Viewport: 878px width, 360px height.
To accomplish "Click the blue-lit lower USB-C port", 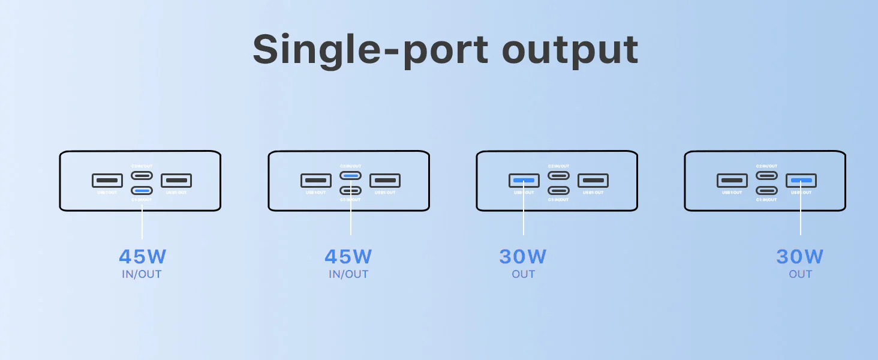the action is [142, 191].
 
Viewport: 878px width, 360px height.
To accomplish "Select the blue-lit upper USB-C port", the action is [351, 176].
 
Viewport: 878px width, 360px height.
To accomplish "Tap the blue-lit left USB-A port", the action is [524, 180].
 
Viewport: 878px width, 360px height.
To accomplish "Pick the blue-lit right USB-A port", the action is [801, 180].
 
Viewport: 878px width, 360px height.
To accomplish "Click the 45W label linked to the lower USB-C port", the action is [142, 257].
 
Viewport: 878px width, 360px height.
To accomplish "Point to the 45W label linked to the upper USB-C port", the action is [348, 257].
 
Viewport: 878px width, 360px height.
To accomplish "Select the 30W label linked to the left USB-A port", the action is [523, 257].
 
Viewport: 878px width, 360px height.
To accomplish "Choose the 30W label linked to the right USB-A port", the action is [800, 257].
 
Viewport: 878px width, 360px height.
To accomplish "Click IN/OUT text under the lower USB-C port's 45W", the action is [142, 274].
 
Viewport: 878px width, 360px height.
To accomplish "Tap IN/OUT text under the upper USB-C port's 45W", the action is [348, 274].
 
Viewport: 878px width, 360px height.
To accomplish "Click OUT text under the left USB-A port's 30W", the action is [523, 274].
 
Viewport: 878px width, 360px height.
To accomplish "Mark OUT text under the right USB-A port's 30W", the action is [800, 274].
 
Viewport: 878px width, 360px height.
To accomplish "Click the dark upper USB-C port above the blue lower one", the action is [142, 176].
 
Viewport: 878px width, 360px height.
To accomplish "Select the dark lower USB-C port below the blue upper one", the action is [351, 191].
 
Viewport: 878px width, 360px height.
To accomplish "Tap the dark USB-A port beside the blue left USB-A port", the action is [593, 180].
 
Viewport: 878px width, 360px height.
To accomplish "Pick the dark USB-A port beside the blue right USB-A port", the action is [732, 180].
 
